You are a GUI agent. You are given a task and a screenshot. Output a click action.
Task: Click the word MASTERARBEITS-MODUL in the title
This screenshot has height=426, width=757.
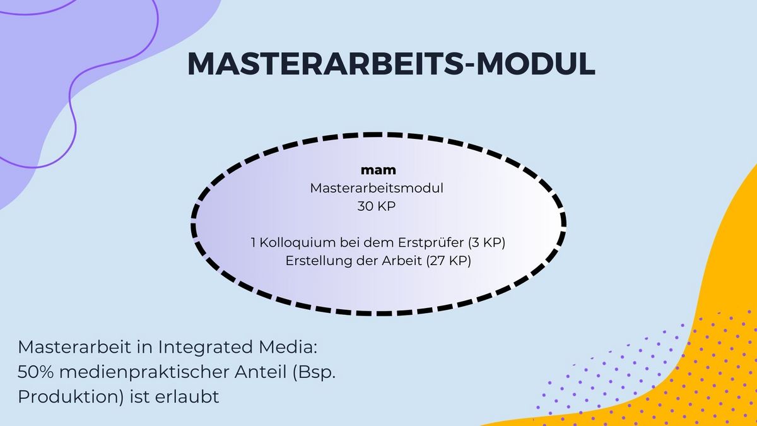(x=391, y=64)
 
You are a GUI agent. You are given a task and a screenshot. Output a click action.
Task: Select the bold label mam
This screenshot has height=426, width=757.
(x=378, y=170)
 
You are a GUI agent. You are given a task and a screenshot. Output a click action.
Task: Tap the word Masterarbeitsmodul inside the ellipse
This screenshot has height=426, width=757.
(x=377, y=188)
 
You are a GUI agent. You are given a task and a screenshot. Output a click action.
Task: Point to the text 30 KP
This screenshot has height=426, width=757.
(x=377, y=206)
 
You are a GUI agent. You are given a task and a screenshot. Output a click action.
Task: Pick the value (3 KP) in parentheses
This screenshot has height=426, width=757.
(x=486, y=243)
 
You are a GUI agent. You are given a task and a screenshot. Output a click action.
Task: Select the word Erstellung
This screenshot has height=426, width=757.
(x=318, y=261)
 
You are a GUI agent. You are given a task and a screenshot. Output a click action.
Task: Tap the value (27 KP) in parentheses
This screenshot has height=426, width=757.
(x=449, y=261)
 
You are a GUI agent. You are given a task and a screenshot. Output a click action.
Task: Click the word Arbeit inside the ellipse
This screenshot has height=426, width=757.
(x=402, y=261)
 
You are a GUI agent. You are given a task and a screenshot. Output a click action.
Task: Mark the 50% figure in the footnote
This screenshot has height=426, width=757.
(x=35, y=372)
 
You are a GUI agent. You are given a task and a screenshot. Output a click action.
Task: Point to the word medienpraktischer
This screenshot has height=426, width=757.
(x=144, y=372)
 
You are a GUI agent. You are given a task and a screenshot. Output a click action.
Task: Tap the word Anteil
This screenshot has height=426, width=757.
(x=261, y=372)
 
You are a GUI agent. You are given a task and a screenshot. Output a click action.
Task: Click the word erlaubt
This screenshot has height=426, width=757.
(x=187, y=396)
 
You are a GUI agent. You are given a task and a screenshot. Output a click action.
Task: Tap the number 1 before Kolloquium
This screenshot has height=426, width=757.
(x=254, y=243)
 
